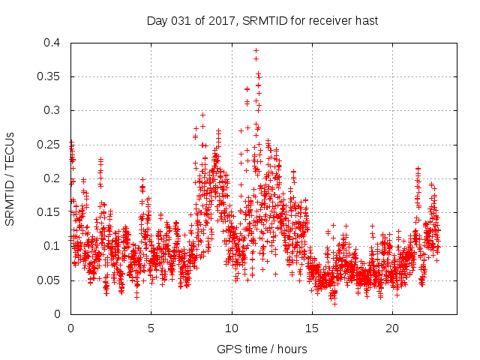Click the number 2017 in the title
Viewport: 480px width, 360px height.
click(x=218, y=20)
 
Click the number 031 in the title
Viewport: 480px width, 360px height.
click(x=180, y=20)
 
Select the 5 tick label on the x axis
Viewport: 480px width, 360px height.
click(x=151, y=328)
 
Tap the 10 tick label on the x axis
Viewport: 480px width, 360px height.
click(x=232, y=328)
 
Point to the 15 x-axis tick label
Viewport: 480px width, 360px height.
click(x=312, y=328)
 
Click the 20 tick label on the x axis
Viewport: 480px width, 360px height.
click(x=392, y=328)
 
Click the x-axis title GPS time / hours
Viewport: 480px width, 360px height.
click(x=262, y=349)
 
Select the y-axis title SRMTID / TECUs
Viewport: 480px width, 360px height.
click(x=10, y=178)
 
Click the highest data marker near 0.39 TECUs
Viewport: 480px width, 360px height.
click(x=256, y=50)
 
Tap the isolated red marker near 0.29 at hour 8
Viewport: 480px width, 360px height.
click(x=203, y=115)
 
